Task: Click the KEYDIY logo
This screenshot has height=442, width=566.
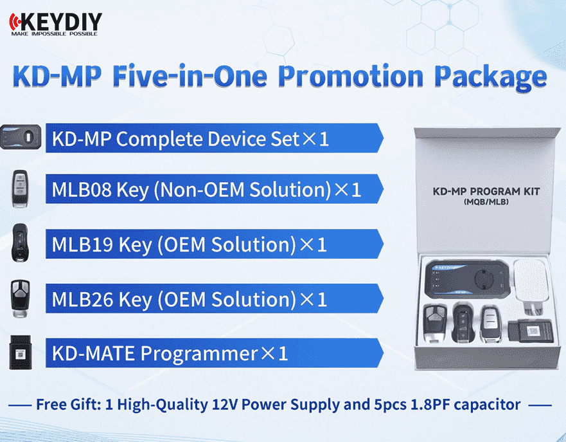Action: click(56, 24)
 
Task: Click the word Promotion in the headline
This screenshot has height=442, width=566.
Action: click(351, 77)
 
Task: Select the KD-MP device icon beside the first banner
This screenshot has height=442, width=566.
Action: click(21, 137)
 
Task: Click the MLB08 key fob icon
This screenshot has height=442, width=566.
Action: click(20, 189)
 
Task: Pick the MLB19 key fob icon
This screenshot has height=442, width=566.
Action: click(19, 243)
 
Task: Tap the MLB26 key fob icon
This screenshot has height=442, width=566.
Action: click(20, 299)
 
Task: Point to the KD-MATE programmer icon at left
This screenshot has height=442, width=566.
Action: click(21, 353)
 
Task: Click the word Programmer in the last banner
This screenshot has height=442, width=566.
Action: click(199, 354)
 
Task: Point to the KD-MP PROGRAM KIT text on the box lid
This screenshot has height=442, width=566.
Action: click(486, 191)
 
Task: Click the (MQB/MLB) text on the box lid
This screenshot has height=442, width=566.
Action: click(486, 201)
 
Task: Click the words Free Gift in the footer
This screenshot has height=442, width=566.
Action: click(69, 405)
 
